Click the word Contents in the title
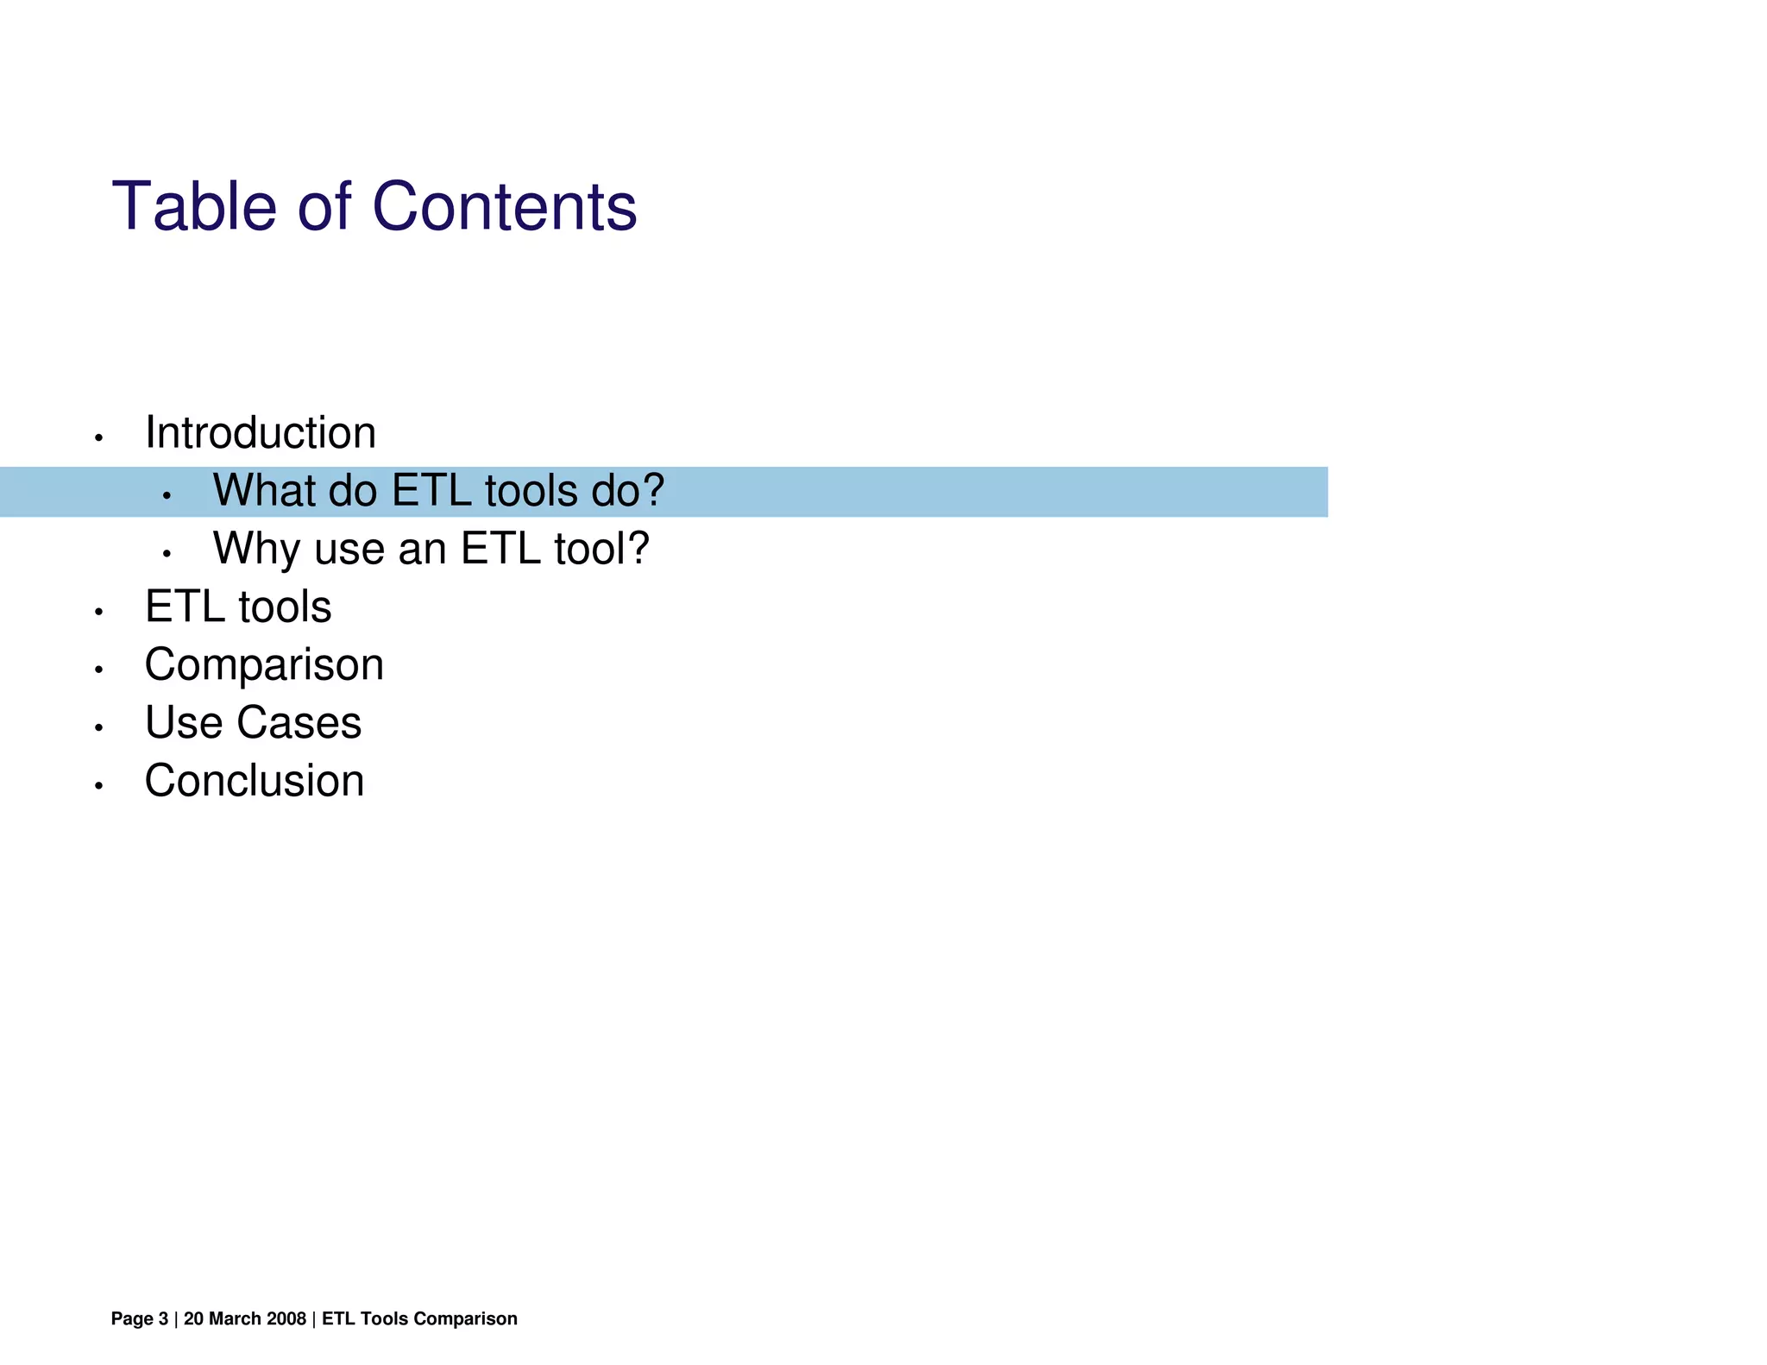point(504,207)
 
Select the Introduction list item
point(261,433)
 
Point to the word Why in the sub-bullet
point(256,549)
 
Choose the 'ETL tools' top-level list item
point(238,607)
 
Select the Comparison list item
point(264,665)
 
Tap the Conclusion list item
point(255,781)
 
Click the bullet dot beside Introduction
point(99,439)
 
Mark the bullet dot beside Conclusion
point(99,786)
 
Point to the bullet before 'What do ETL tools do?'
point(167,496)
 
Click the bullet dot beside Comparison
point(99,670)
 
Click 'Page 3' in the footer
point(140,1318)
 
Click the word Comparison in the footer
point(465,1318)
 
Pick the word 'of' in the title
point(324,207)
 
